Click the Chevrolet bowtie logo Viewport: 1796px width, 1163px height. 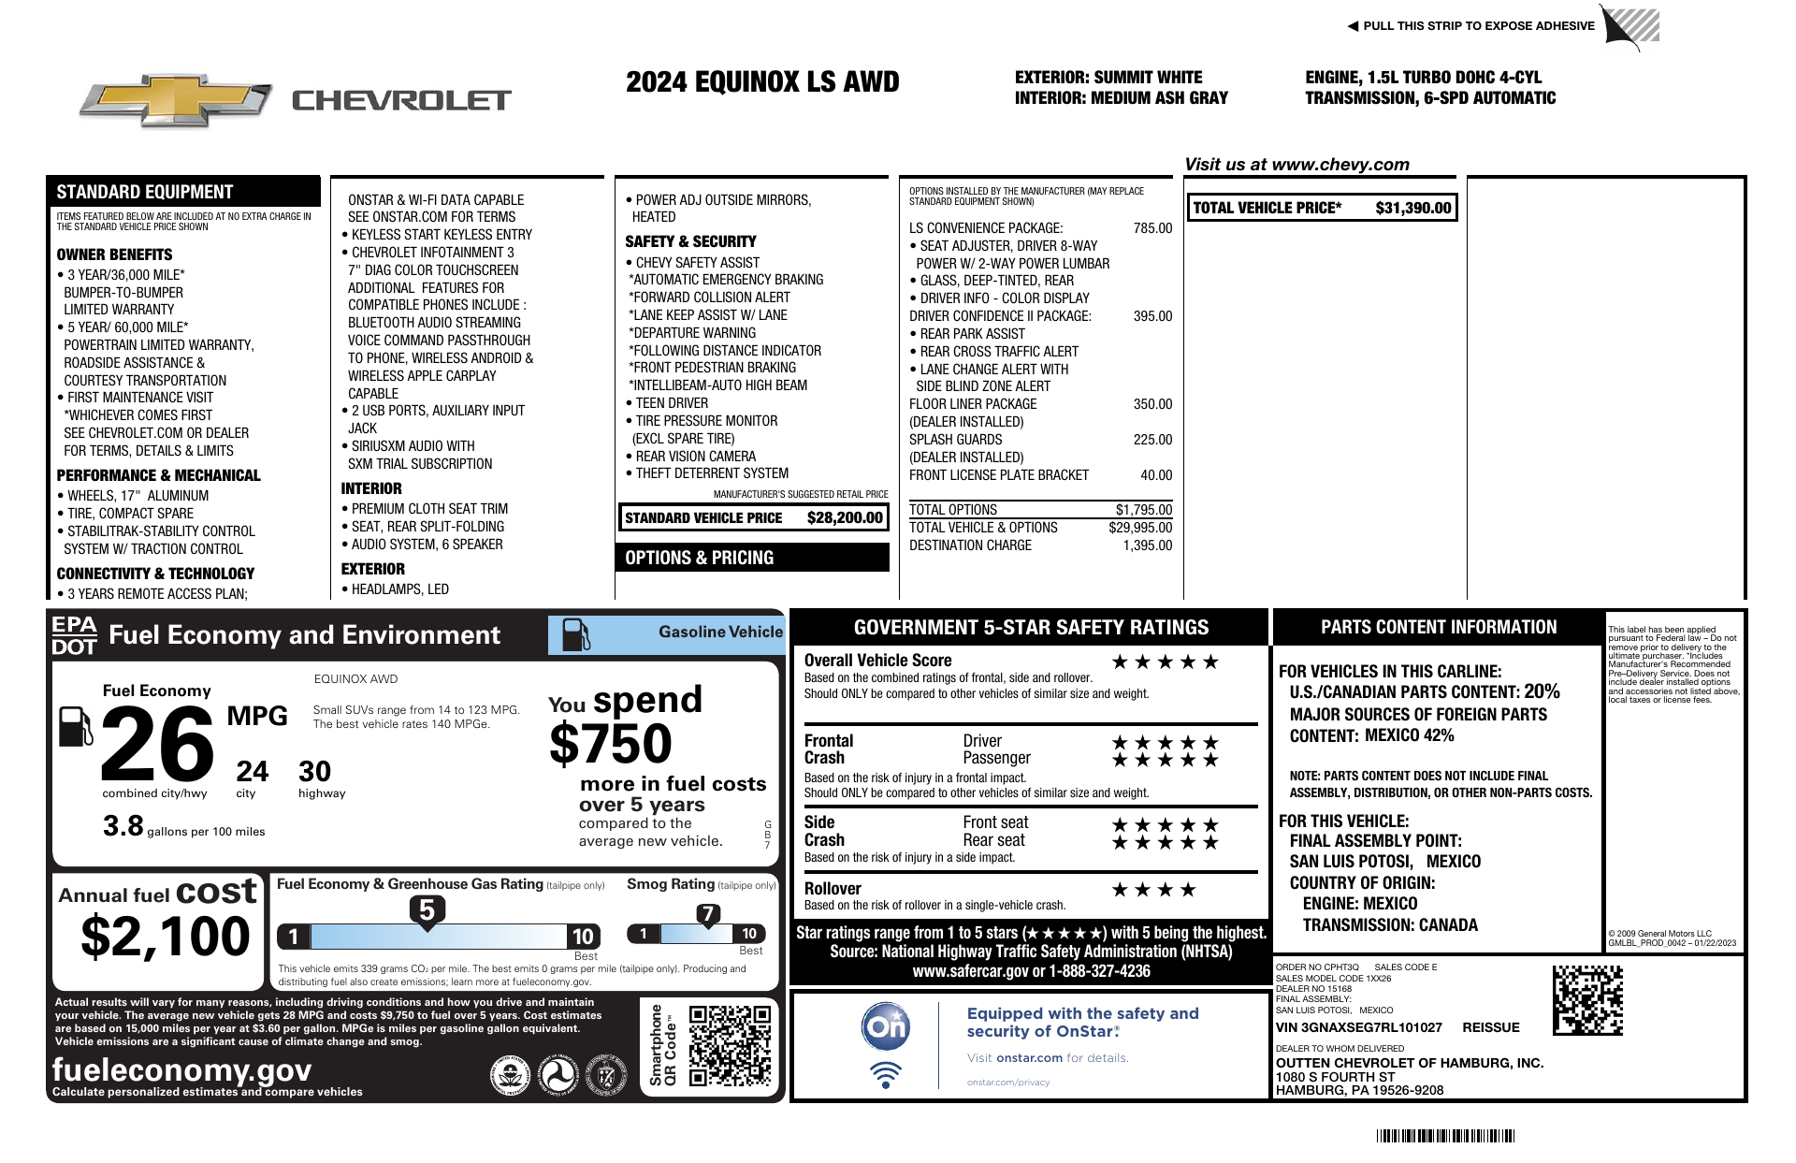tap(176, 100)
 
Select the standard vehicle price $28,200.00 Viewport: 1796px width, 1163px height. tap(844, 517)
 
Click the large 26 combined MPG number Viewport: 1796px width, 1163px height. tap(157, 745)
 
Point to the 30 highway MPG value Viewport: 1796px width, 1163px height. tap(314, 772)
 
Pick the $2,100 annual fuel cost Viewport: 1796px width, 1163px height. tap(166, 937)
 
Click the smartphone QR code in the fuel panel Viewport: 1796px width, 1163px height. tap(730, 1045)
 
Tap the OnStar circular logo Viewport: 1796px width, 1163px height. tap(885, 1026)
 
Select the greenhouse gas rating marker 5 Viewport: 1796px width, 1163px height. tap(427, 910)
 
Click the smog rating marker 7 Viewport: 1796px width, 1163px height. tap(708, 914)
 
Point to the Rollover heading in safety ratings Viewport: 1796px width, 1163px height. tap(833, 889)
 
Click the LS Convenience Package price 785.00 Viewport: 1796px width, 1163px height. tap(1152, 228)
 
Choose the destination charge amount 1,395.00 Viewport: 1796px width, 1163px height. tap(1147, 545)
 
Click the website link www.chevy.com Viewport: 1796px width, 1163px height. tap(1340, 165)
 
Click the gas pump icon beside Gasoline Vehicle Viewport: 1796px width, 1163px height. tap(575, 635)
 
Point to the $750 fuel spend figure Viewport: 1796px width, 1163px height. tap(610, 745)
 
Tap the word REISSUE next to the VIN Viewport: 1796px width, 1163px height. tap(1490, 1027)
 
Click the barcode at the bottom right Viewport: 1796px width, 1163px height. tap(1445, 1137)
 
